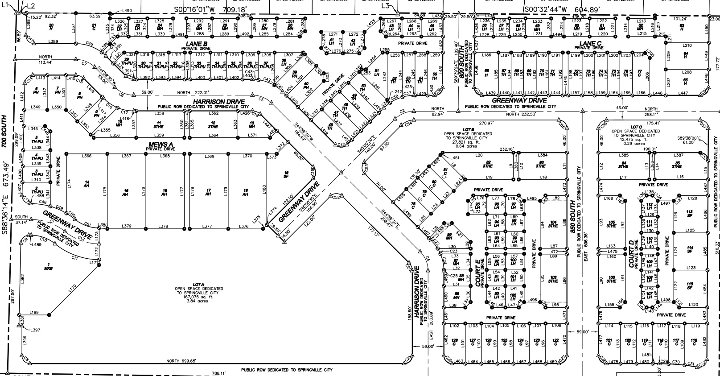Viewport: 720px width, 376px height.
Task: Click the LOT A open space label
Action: [199, 284]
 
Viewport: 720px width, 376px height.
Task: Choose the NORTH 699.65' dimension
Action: [181, 361]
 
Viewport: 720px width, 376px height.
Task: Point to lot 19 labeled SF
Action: [287, 174]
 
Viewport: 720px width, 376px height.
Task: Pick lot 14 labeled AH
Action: [87, 183]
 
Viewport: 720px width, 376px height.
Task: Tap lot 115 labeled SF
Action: [690, 286]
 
